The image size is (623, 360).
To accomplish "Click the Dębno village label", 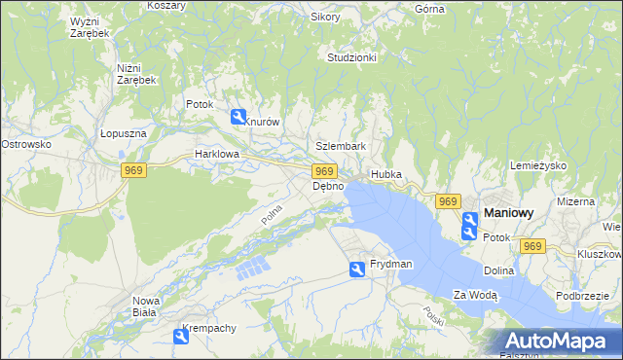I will pos(328,186).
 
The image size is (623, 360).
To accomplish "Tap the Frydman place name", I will pos(390,265).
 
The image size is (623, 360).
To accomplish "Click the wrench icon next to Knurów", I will pos(238,118).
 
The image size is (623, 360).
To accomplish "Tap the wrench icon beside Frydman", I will pos(357,270).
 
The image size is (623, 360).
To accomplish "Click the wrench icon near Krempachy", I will pos(181,337).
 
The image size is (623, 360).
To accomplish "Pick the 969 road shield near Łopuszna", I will pos(134,171).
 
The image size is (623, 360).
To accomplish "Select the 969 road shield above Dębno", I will pos(326,171).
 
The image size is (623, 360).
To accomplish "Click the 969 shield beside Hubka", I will pos(447,201).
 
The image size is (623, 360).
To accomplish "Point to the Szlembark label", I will pos(341,146).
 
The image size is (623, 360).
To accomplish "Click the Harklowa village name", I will pos(216,154).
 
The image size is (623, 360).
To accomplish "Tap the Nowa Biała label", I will pos(145,306).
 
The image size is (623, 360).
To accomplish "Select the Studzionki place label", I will pos(351,57).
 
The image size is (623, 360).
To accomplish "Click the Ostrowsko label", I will pos(25,144).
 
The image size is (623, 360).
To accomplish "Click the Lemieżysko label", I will pos(537,166).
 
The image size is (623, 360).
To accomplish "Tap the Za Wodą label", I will pos(475,295).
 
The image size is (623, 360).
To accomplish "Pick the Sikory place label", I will pos(325,17).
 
